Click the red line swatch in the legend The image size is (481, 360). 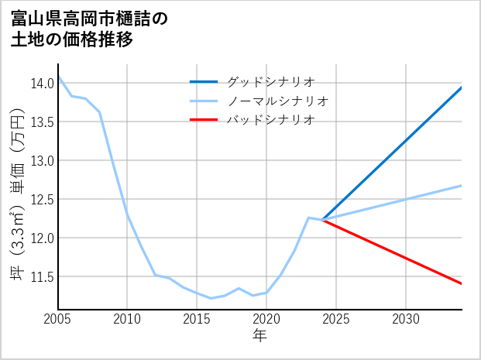point(204,120)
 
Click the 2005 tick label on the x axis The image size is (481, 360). point(57,319)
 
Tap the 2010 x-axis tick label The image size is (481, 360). point(127,319)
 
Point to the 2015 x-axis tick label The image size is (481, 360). point(197,319)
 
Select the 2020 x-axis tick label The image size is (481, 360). point(266,319)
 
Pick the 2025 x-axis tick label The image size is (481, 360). point(336,319)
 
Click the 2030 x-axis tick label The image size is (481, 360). point(406,319)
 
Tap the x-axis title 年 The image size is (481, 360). point(259,336)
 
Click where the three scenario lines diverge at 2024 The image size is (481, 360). point(322,220)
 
